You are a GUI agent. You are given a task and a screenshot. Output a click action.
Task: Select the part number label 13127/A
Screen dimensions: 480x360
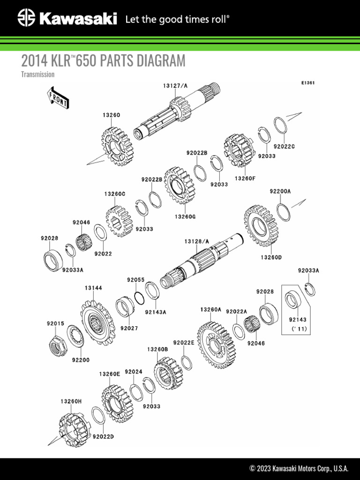click(x=175, y=86)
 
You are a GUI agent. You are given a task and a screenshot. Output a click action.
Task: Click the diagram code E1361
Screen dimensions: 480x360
click(x=307, y=83)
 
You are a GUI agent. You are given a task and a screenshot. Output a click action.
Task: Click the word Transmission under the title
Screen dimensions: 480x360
click(x=38, y=75)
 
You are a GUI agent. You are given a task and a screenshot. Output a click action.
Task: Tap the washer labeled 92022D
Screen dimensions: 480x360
click(x=97, y=416)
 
